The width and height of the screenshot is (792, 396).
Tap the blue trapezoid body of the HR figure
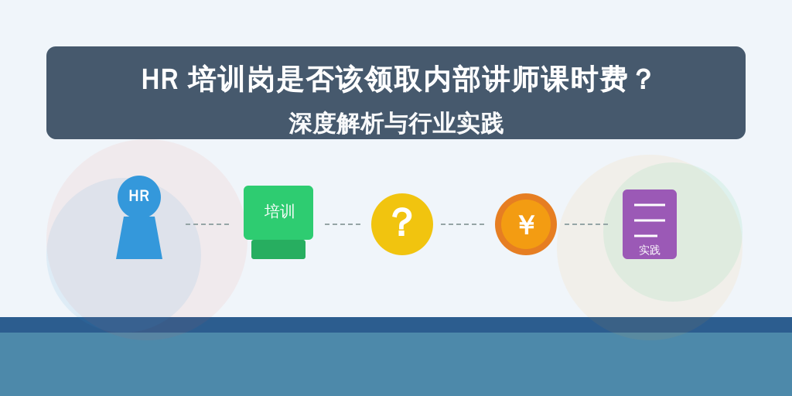pyautogui.click(x=139, y=238)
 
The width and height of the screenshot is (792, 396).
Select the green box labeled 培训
pyautogui.click(x=278, y=213)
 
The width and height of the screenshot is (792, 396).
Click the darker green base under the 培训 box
pyautogui.click(x=278, y=250)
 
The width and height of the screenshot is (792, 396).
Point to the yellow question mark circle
pyautogui.click(x=402, y=224)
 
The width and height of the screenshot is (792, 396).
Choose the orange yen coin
pyautogui.click(x=526, y=224)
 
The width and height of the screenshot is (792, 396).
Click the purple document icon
pyautogui.click(x=650, y=224)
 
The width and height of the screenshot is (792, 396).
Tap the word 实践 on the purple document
pyautogui.click(x=650, y=250)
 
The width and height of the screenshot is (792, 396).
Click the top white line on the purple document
pyautogui.click(x=650, y=204)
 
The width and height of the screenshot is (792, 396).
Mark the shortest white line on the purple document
pyautogui.click(x=646, y=236)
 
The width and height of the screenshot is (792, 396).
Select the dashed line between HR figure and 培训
pyautogui.click(x=207, y=224)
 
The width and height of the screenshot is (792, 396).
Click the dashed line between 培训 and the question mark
pyautogui.click(x=343, y=224)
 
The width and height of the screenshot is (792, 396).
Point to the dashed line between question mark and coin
pyautogui.click(x=463, y=224)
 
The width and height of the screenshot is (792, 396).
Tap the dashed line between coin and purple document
pyautogui.click(x=586, y=224)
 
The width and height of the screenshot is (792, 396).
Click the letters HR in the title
pyautogui.click(x=159, y=80)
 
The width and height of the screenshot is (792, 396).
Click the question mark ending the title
pyautogui.click(x=643, y=80)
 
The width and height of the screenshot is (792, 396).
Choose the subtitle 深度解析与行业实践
pyautogui.click(x=396, y=123)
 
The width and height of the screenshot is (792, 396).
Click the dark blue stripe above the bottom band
pyautogui.click(x=396, y=325)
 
